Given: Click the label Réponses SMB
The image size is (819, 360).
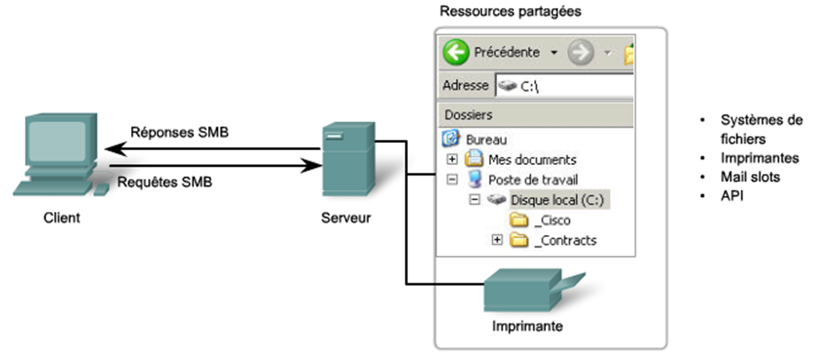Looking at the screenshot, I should [x=179, y=134].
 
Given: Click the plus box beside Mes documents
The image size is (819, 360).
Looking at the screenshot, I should [x=452, y=160].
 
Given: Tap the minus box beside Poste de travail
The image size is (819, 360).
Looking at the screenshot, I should [x=452, y=179].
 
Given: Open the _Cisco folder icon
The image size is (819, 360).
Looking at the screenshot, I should [x=519, y=220].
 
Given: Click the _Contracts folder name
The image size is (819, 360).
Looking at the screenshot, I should [x=565, y=240].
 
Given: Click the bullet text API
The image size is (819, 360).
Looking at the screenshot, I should [x=731, y=195].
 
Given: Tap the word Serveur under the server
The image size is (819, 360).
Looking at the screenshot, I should [x=346, y=218].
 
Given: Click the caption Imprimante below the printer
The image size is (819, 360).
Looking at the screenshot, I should [x=527, y=326].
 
